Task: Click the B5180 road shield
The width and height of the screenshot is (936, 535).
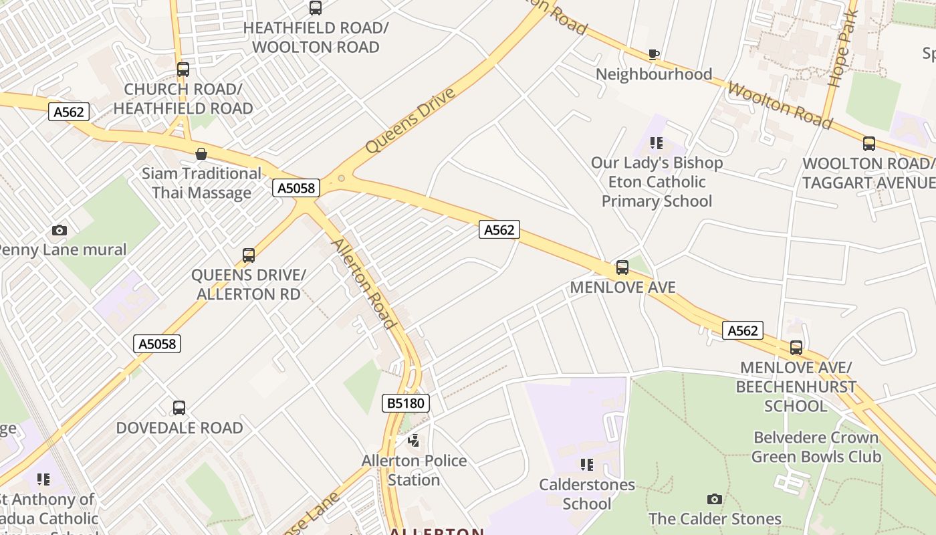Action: [405, 403]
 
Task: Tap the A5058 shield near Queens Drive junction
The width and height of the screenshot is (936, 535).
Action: [296, 188]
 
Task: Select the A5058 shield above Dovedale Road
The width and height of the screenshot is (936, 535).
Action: [157, 344]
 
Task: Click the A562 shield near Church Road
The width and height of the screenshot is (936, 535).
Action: [69, 112]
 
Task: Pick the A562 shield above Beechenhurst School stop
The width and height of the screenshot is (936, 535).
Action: [742, 330]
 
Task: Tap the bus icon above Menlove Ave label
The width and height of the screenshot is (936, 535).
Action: [622, 267]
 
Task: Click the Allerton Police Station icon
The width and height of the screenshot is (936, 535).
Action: [414, 441]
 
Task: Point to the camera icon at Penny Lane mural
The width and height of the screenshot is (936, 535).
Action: [60, 231]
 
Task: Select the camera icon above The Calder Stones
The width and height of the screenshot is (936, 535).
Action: [714, 500]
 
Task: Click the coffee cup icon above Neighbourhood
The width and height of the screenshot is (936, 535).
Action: [654, 54]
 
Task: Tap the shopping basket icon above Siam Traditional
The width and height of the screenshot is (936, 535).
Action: [201, 154]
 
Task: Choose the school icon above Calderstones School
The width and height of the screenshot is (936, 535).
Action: [586, 465]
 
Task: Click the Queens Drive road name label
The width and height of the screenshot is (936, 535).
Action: [411, 120]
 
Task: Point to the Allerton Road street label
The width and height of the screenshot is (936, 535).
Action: [364, 284]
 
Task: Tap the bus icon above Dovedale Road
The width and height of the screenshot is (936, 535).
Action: [179, 408]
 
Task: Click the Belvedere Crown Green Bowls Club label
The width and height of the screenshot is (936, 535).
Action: [816, 447]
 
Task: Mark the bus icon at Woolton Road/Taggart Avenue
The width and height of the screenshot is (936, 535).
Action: [868, 144]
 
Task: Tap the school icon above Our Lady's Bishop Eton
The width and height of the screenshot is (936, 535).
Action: [657, 143]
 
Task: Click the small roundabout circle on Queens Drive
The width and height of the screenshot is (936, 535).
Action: [342, 179]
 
